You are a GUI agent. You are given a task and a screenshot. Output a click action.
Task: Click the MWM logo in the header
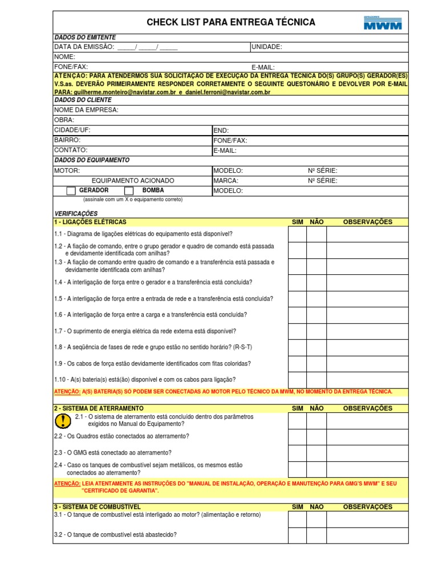tap(383, 22)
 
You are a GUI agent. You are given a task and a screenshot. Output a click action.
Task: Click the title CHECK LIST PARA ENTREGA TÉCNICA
tap(230, 22)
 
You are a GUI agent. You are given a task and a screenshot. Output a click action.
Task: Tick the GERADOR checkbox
tap(71, 191)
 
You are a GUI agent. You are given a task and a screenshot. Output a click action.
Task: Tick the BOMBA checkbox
tap(129, 191)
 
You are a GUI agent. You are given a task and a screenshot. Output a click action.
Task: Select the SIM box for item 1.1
tap(297, 234)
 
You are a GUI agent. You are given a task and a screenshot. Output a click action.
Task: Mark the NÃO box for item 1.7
tap(317, 331)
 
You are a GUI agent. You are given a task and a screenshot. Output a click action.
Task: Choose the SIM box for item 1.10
tap(297, 380)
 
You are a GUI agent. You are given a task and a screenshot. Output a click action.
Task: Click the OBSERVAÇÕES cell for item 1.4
tap(367, 283)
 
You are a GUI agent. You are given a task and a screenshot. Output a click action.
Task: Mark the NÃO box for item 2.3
tap(317, 453)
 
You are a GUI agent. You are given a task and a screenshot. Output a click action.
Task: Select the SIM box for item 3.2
tap(297, 536)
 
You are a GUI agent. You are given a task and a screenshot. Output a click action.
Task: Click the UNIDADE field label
tap(266, 47)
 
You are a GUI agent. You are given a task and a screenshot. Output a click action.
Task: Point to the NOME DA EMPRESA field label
tap(86, 110)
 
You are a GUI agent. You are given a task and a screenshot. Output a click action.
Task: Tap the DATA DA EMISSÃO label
tap(84, 47)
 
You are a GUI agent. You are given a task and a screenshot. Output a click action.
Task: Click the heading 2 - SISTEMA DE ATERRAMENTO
tap(99, 408)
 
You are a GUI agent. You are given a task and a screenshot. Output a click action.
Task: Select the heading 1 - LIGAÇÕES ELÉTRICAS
tap(90, 222)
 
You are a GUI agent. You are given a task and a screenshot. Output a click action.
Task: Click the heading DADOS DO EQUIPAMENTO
tap(92, 160)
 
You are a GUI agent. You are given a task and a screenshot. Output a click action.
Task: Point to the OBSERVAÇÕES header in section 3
tap(367, 506)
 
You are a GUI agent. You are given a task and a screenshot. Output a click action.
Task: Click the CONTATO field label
tap(71, 150)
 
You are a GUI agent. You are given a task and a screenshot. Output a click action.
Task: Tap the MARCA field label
tap(226, 181)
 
